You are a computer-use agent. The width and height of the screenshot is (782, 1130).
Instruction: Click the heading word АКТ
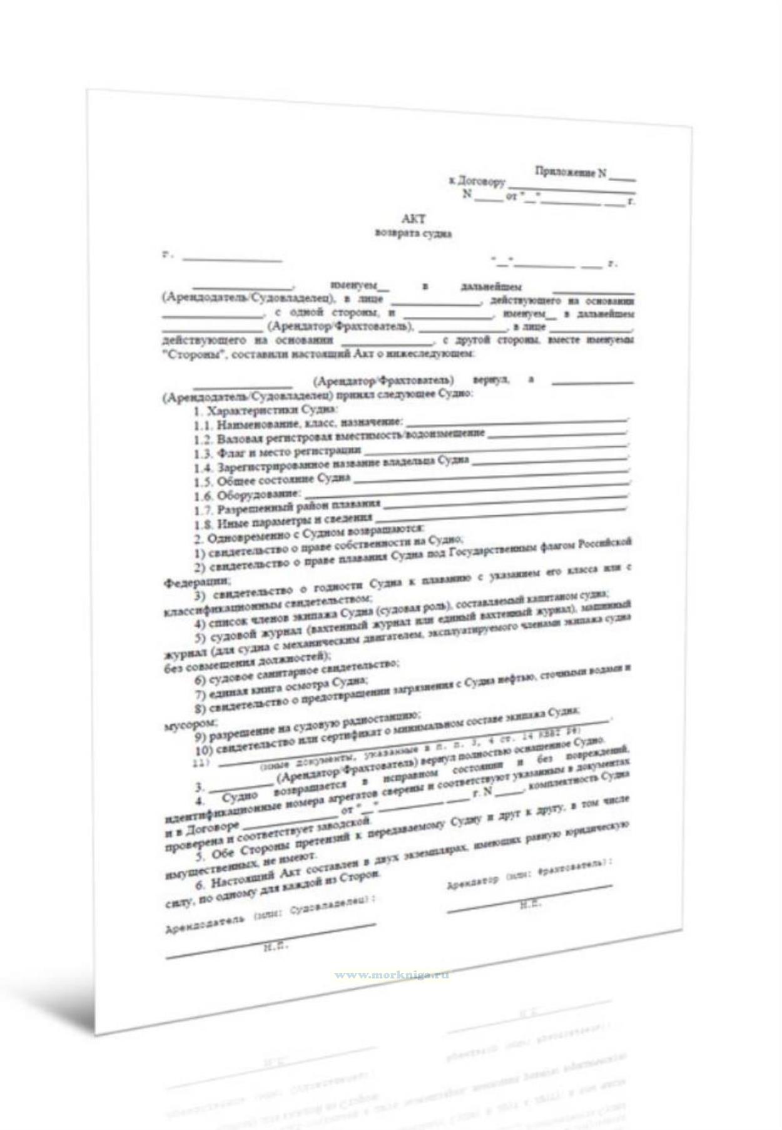414,219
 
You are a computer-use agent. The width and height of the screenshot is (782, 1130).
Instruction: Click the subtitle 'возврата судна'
414,234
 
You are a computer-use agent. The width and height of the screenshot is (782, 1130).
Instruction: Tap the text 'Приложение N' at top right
570,172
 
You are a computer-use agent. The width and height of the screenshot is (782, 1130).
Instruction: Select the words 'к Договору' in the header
477,182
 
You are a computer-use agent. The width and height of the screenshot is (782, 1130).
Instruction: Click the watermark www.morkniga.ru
392,975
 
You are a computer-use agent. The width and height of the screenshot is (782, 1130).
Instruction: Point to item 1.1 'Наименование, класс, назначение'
298,424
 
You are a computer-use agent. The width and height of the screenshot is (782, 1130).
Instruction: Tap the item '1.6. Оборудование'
247,495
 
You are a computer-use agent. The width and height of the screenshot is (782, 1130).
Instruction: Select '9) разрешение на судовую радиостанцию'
307,726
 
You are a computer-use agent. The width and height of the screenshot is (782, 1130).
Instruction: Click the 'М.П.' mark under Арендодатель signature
276,947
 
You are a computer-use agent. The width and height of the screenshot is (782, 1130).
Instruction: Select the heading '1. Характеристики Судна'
265,411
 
